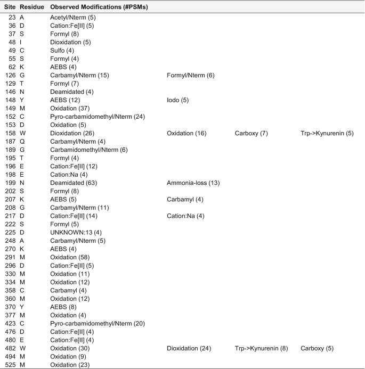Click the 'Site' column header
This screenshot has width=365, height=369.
(9, 8)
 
